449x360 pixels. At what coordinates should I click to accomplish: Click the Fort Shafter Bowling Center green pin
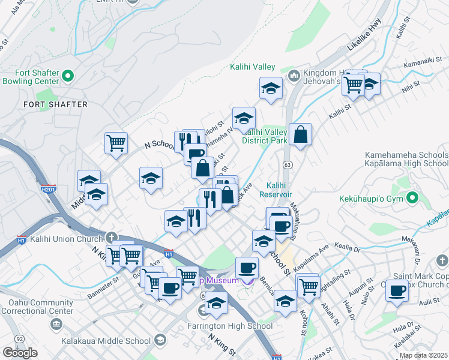pos(67,76)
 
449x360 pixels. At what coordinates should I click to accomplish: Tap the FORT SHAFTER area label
pos(55,104)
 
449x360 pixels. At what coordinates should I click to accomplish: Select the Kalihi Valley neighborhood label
pos(252,67)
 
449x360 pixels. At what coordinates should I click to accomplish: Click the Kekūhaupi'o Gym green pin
pos(412,197)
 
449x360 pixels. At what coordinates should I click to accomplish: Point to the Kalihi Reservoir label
pos(276,190)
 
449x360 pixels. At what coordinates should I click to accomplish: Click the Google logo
pos(20,352)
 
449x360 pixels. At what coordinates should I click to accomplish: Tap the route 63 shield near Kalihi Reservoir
pos(288,164)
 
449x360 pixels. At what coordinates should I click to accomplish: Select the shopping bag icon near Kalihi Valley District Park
pos(300,136)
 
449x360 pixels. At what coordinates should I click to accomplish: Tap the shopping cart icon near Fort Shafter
pos(116,143)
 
